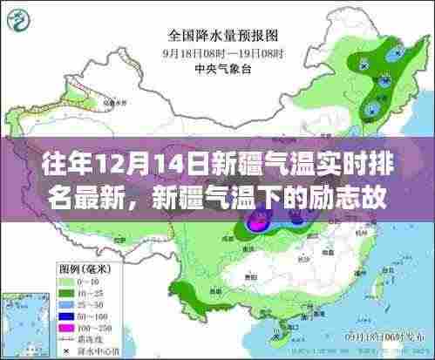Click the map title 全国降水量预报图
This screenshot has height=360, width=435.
(216, 37)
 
